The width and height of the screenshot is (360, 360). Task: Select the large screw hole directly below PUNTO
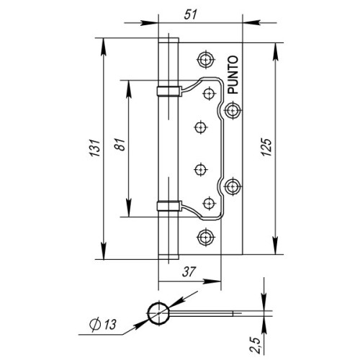point(233,109)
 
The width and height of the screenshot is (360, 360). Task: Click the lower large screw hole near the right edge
point(233,186)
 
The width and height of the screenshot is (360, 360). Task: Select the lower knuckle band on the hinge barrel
point(167,206)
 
